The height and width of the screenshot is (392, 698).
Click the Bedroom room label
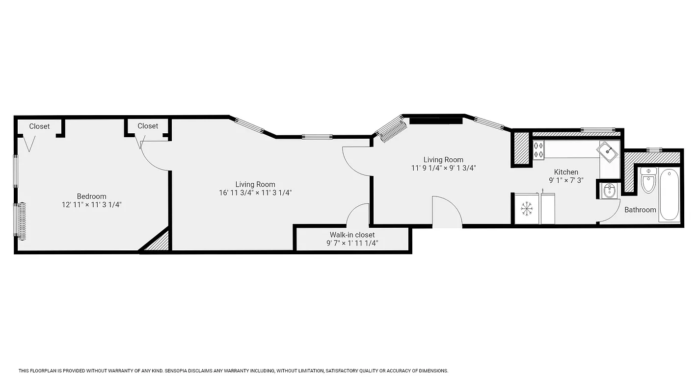click(x=91, y=196)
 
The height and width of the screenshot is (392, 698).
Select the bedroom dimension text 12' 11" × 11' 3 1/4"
click(x=91, y=205)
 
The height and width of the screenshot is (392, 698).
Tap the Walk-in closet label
click(x=352, y=235)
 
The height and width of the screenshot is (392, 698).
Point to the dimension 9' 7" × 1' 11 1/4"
click(x=352, y=243)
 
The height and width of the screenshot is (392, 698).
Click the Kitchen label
click(x=566, y=172)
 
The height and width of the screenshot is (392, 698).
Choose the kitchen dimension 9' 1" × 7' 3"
click(x=566, y=180)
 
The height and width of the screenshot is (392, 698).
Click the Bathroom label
click(x=640, y=210)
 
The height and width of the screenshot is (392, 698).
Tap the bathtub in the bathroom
click(x=670, y=195)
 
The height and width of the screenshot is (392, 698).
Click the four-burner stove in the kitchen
click(x=538, y=150)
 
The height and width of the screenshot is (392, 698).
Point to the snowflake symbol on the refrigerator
click(x=527, y=209)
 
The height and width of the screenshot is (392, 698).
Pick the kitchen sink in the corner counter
click(x=609, y=152)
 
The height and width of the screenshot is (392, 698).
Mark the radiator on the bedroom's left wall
click(x=21, y=220)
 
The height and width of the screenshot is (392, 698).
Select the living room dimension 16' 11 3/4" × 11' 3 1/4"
click(x=255, y=193)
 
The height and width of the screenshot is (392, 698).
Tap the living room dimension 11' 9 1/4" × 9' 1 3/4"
click(x=443, y=168)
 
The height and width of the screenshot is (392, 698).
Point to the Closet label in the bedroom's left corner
click(x=39, y=126)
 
